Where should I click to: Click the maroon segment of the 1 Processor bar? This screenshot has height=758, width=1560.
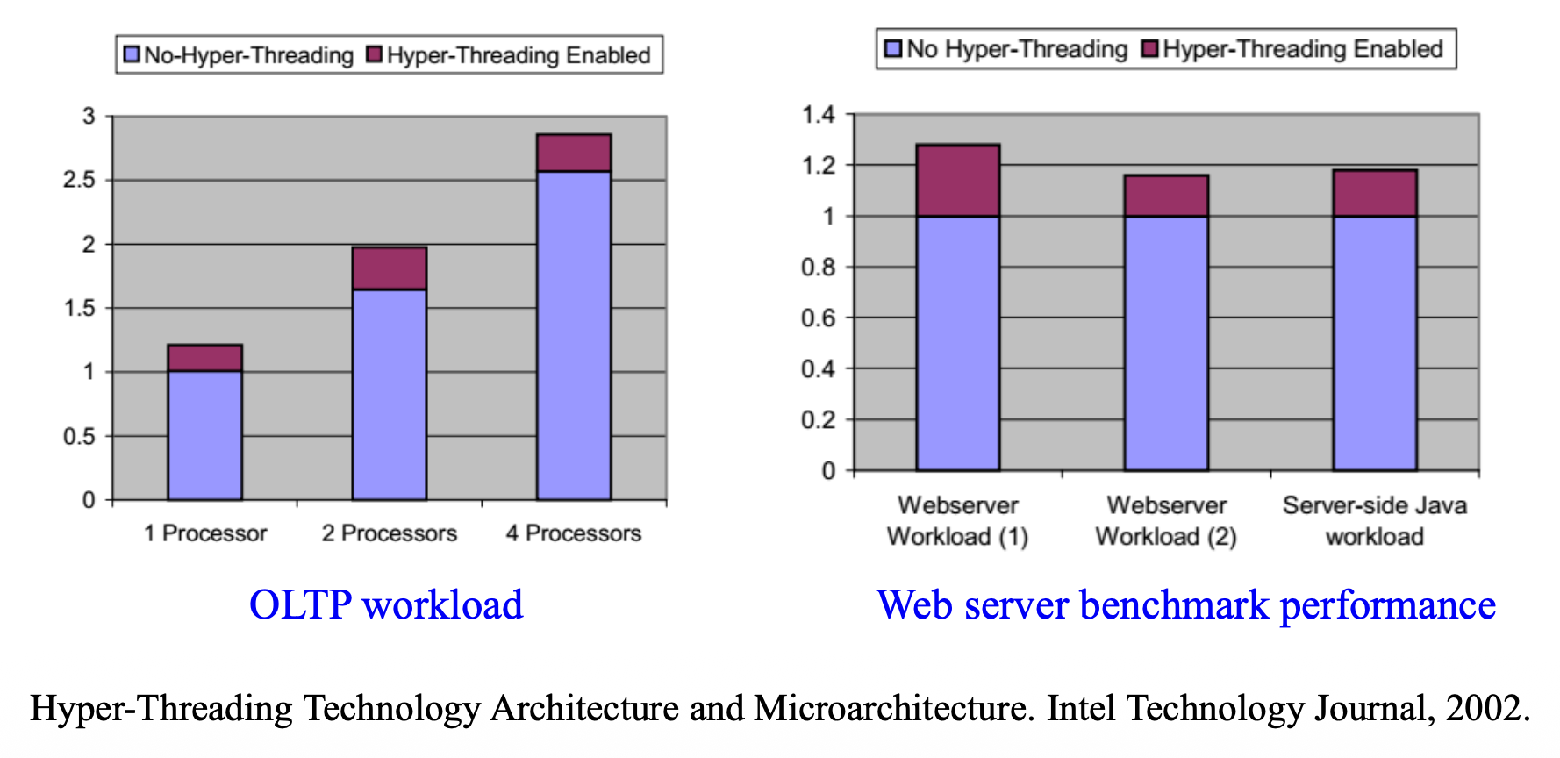pyautogui.click(x=204, y=358)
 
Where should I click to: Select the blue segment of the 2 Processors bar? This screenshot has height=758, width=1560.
pyautogui.click(x=389, y=395)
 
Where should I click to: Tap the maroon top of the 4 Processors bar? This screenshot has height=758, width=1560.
pyautogui.click(x=574, y=153)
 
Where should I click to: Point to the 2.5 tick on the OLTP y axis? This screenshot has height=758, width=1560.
pyautogui.click(x=79, y=180)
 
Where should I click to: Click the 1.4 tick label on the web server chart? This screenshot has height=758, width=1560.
pyautogui.click(x=818, y=115)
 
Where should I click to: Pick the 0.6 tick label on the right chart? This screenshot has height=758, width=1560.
pyautogui.click(x=818, y=318)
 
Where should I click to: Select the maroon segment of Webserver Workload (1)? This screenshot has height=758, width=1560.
pyautogui.click(x=957, y=181)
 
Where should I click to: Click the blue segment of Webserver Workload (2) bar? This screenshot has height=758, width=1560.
pyautogui.click(x=1166, y=342)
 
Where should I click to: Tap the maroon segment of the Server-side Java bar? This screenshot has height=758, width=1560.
pyautogui.click(x=1374, y=193)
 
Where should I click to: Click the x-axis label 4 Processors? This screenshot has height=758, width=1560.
pyautogui.click(x=574, y=533)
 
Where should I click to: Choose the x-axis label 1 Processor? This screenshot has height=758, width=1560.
pyautogui.click(x=205, y=533)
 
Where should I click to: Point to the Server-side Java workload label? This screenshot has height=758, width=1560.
pyautogui.click(x=1374, y=520)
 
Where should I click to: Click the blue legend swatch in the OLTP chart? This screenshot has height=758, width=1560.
pyautogui.click(x=132, y=54)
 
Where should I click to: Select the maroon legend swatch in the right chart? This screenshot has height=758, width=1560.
pyautogui.click(x=1149, y=48)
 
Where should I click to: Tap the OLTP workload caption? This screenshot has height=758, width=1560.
pyautogui.click(x=386, y=604)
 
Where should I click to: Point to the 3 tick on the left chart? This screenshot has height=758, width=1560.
pyautogui.click(x=89, y=116)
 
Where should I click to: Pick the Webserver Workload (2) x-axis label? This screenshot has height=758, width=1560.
pyautogui.click(x=1166, y=520)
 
